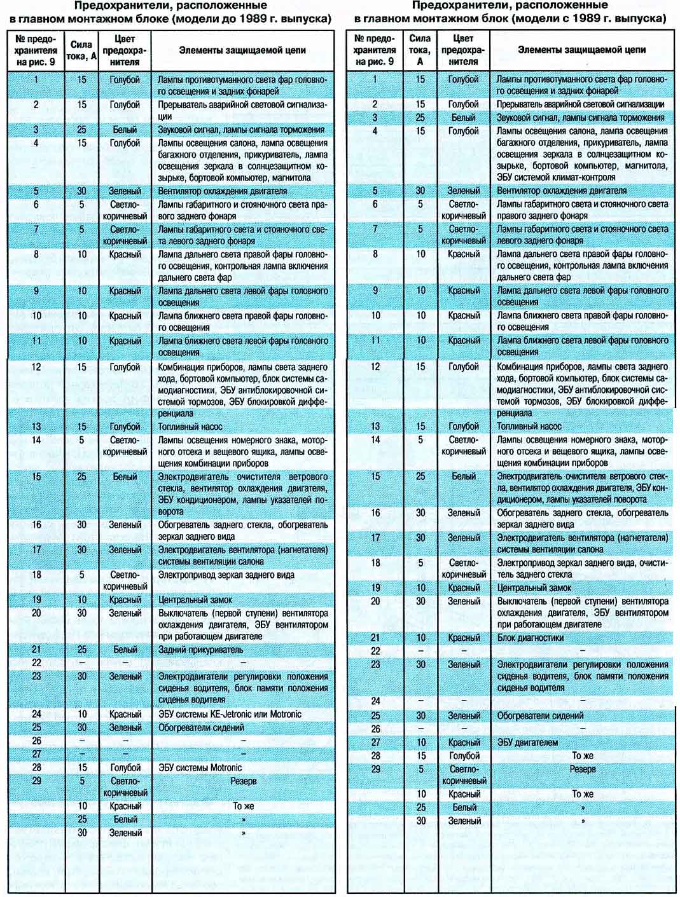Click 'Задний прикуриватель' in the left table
click(200, 650)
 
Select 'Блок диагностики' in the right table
click(531, 638)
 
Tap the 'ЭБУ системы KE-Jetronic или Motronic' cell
click(230, 714)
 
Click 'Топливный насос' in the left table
click(190, 427)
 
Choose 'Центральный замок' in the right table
click(534, 588)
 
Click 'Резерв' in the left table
click(243, 781)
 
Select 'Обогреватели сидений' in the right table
click(540, 715)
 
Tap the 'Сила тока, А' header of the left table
click(82, 50)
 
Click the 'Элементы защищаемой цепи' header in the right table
click(581, 50)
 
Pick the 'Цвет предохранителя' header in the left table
click(125, 50)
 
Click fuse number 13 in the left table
click(36, 427)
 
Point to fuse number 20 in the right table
click(375, 601)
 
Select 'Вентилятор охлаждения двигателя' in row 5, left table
click(223, 191)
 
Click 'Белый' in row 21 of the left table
click(125, 650)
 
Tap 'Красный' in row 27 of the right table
click(464, 742)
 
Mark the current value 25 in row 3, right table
click(420, 118)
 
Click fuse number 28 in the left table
click(36, 767)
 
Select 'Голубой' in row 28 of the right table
click(464, 755)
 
